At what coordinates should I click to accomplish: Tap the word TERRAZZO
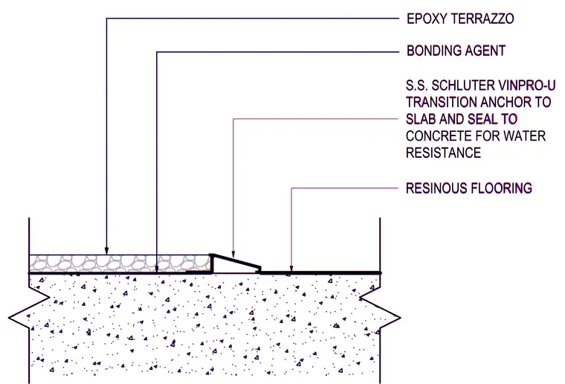482,19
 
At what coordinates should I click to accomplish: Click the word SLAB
421,119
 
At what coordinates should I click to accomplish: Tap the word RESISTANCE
444,153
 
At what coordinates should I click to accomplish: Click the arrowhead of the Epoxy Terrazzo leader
106,251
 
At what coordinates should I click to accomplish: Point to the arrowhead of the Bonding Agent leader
157,269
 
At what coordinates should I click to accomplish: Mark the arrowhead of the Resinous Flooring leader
291,268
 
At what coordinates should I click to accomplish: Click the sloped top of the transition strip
236,261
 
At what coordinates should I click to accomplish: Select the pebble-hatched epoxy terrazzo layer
120,263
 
